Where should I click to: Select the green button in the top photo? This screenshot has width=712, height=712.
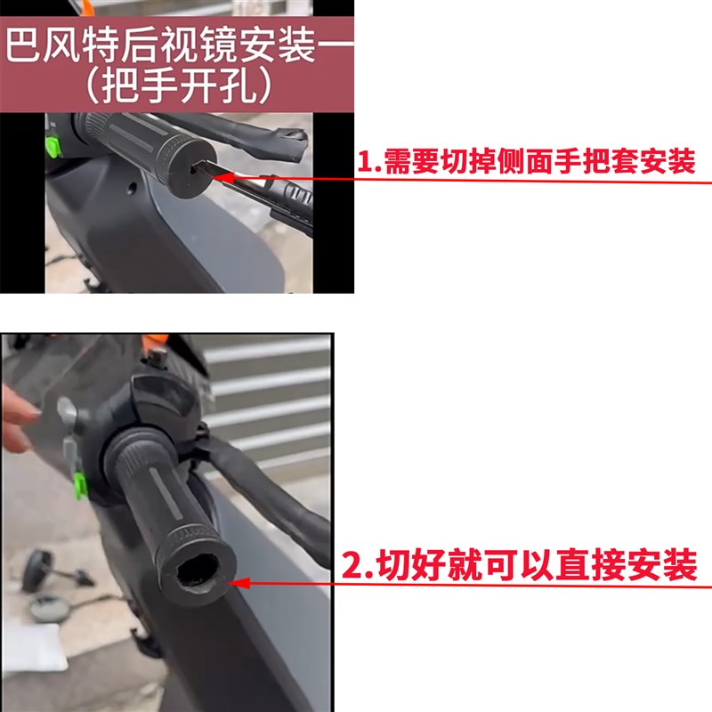click(x=54, y=142)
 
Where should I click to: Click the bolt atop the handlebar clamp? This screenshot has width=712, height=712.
click(x=160, y=358)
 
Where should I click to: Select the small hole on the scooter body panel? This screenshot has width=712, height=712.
click(x=134, y=189)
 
